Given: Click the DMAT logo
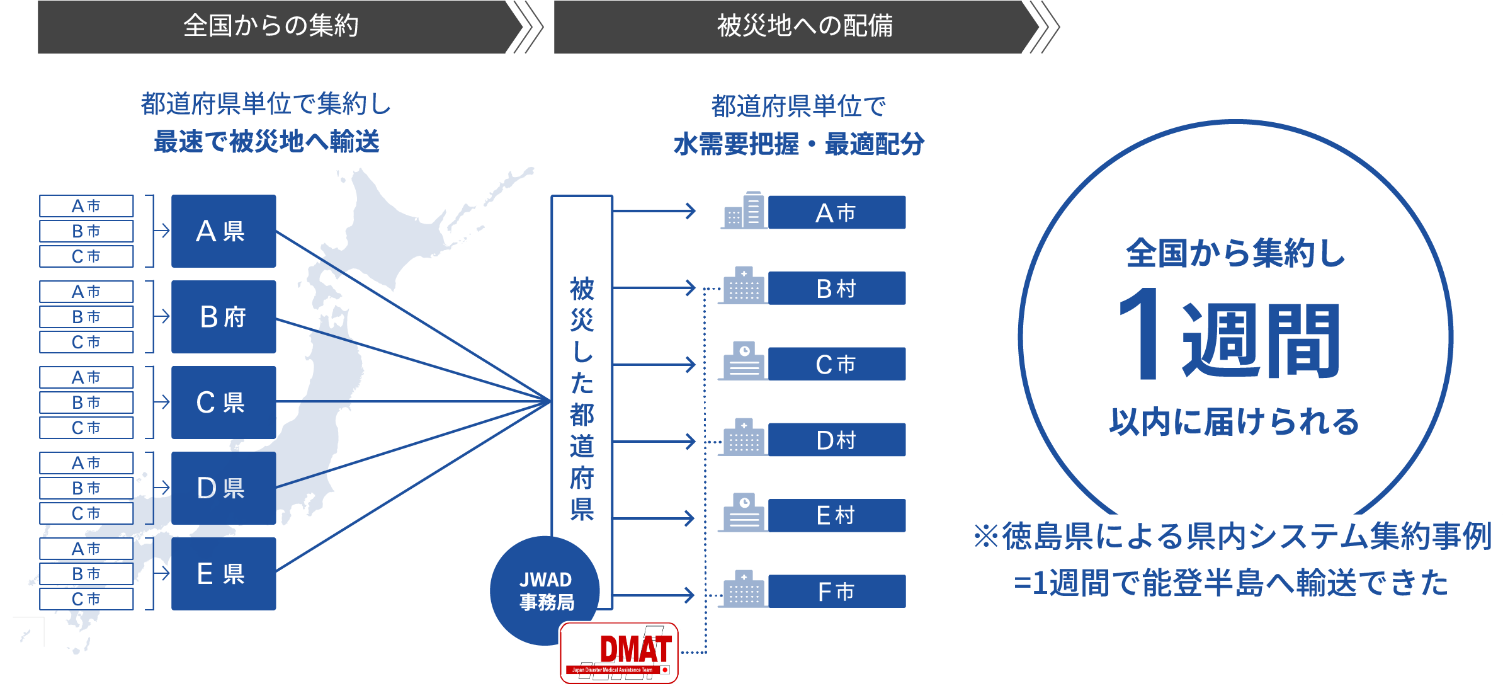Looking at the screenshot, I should coord(620,653).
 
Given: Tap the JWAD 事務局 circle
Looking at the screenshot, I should coord(545,590).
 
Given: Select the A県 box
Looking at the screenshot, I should coord(224,231).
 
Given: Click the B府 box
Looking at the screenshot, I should coord(224,317).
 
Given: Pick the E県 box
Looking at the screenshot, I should coord(224,574).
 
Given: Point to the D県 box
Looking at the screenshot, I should coord(224,488).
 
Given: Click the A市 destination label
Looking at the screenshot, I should coord(836,213).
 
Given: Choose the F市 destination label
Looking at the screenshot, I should coord(836,592).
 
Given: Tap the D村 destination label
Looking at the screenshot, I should coord(836,440).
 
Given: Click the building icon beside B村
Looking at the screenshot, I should coord(744,287).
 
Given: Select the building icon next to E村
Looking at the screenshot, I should coord(744,513).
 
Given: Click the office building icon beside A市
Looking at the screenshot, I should coord(744,210).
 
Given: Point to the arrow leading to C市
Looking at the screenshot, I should coord(655,364).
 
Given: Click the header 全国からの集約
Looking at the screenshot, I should coord(271,26).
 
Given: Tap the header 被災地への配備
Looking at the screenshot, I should coord(805,26).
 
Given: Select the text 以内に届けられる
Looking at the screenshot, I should coord(1234,422).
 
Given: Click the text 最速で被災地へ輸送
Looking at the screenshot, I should coord(266,142).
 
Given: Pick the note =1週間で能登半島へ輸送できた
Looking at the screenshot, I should coord(1230,583).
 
